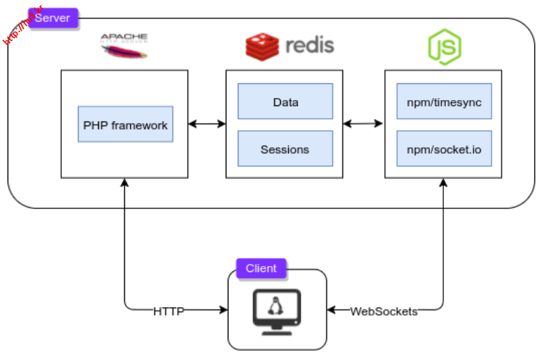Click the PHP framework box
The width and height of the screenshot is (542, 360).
[125, 124]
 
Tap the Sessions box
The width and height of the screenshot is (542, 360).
[285, 148]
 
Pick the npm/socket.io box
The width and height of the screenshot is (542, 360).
[444, 148]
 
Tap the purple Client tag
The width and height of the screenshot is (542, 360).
[261, 268]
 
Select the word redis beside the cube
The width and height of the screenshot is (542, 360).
[309, 46]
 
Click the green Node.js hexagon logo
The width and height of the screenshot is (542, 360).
[444, 46]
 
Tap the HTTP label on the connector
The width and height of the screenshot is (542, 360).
[169, 311]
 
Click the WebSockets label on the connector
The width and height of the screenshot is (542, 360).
[383, 311]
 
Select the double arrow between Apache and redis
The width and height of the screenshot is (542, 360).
[207, 124]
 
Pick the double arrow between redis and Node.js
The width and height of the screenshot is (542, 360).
[363, 124]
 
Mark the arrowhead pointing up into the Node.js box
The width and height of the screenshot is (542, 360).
[444, 183]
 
